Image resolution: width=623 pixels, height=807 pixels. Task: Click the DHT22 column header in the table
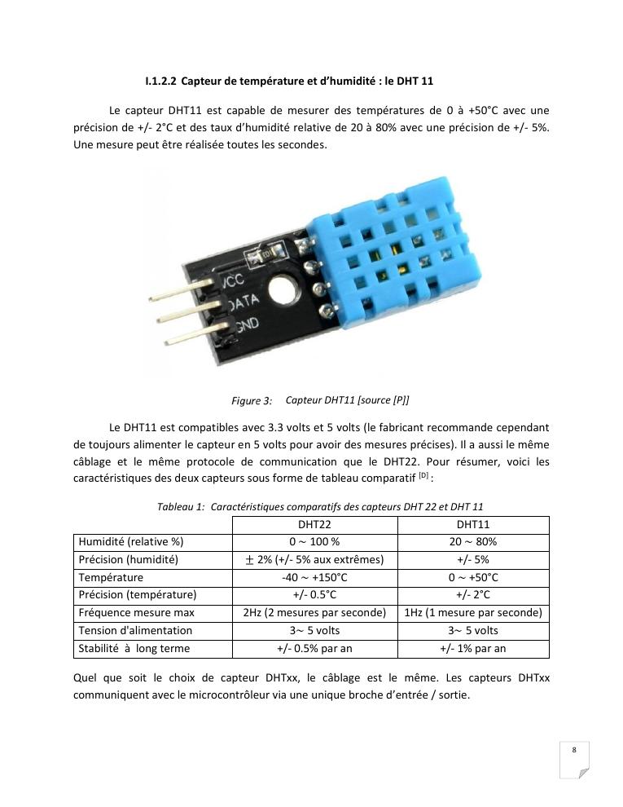(x=314, y=525)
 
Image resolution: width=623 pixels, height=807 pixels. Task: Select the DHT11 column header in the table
(x=473, y=525)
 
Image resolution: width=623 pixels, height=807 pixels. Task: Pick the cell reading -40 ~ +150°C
(x=314, y=577)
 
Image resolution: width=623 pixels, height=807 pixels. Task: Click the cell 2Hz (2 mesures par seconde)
(x=314, y=613)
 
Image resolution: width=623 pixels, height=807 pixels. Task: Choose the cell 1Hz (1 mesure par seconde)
(x=473, y=613)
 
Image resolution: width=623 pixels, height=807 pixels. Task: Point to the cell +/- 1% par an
(x=473, y=649)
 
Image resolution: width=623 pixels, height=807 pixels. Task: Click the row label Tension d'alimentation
(x=135, y=631)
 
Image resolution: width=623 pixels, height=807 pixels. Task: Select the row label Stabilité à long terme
(x=134, y=649)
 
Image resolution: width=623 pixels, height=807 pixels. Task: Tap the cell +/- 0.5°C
(x=314, y=595)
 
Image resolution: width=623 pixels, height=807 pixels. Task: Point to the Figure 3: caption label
(x=252, y=401)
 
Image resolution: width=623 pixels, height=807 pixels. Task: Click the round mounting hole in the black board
(x=284, y=289)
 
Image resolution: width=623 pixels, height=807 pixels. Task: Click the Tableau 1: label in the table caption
(x=180, y=507)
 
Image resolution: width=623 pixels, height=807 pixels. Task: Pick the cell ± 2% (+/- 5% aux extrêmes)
(x=314, y=560)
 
